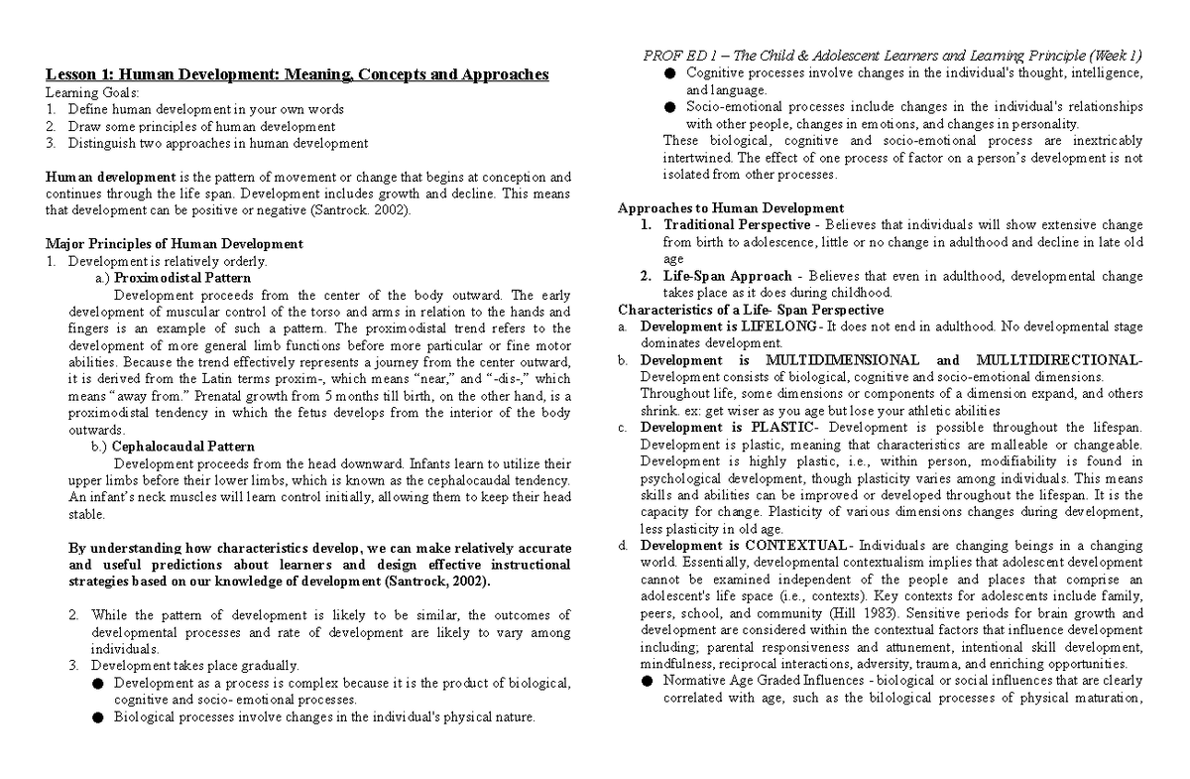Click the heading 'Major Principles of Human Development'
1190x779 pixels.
tap(175, 244)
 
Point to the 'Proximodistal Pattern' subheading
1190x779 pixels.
tap(182, 278)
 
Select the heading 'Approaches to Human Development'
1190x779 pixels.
tap(730, 208)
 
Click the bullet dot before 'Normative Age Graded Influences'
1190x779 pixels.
tap(647, 681)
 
